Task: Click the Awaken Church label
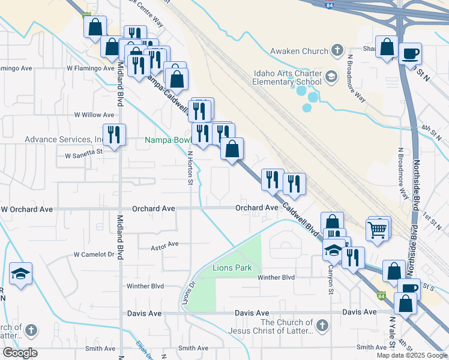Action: click(x=299, y=51)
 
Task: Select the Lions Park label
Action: click(x=232, y=268)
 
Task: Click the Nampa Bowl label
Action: click(x=167, y=141)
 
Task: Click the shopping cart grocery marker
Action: click(x=377, y=229)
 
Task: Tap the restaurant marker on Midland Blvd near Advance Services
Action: click(x=113, y=134)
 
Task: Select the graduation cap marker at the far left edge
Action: click(x=20, y=274)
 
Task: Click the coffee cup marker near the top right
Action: click(x=411, y=53)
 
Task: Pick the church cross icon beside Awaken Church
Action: click(x=337, y=50)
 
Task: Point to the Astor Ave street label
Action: click(x=165, y=245)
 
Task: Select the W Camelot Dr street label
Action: click(x=94, y=254)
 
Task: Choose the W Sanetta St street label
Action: click(x=84, y=155)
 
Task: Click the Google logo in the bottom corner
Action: click(x=20, y=353)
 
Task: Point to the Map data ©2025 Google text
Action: click(x=411, y=355)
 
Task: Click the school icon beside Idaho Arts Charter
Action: click(x=331, y=77)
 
